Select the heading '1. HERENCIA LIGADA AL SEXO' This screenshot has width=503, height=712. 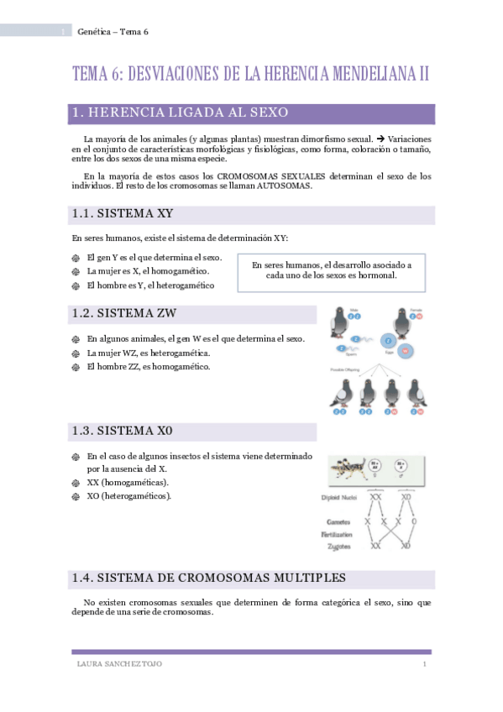[181, 113]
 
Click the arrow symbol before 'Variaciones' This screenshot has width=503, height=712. [378, 139]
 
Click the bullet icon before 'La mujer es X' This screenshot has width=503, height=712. [76, 271]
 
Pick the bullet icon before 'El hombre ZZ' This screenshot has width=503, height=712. [76, 367]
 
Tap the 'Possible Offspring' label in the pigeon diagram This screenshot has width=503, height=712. [346, 369]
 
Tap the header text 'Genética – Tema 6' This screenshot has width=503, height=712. [112, 32]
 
